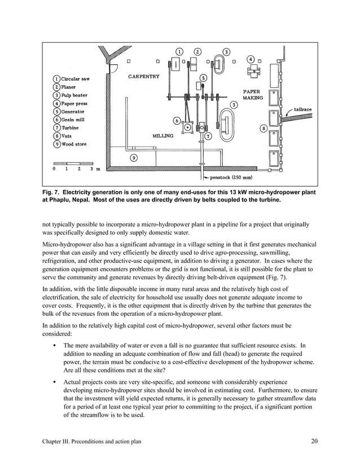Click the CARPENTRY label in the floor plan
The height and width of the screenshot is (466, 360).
144,76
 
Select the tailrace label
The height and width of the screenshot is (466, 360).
302,109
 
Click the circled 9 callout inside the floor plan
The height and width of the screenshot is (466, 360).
133,157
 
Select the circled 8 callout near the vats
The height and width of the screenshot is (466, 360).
264,129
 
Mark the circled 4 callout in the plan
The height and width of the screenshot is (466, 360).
251,59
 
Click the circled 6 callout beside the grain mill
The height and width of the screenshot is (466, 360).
177,120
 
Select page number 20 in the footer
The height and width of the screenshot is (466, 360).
314,441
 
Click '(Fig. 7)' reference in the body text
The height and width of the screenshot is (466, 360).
277,278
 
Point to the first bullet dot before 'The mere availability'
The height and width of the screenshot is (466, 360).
52,345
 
